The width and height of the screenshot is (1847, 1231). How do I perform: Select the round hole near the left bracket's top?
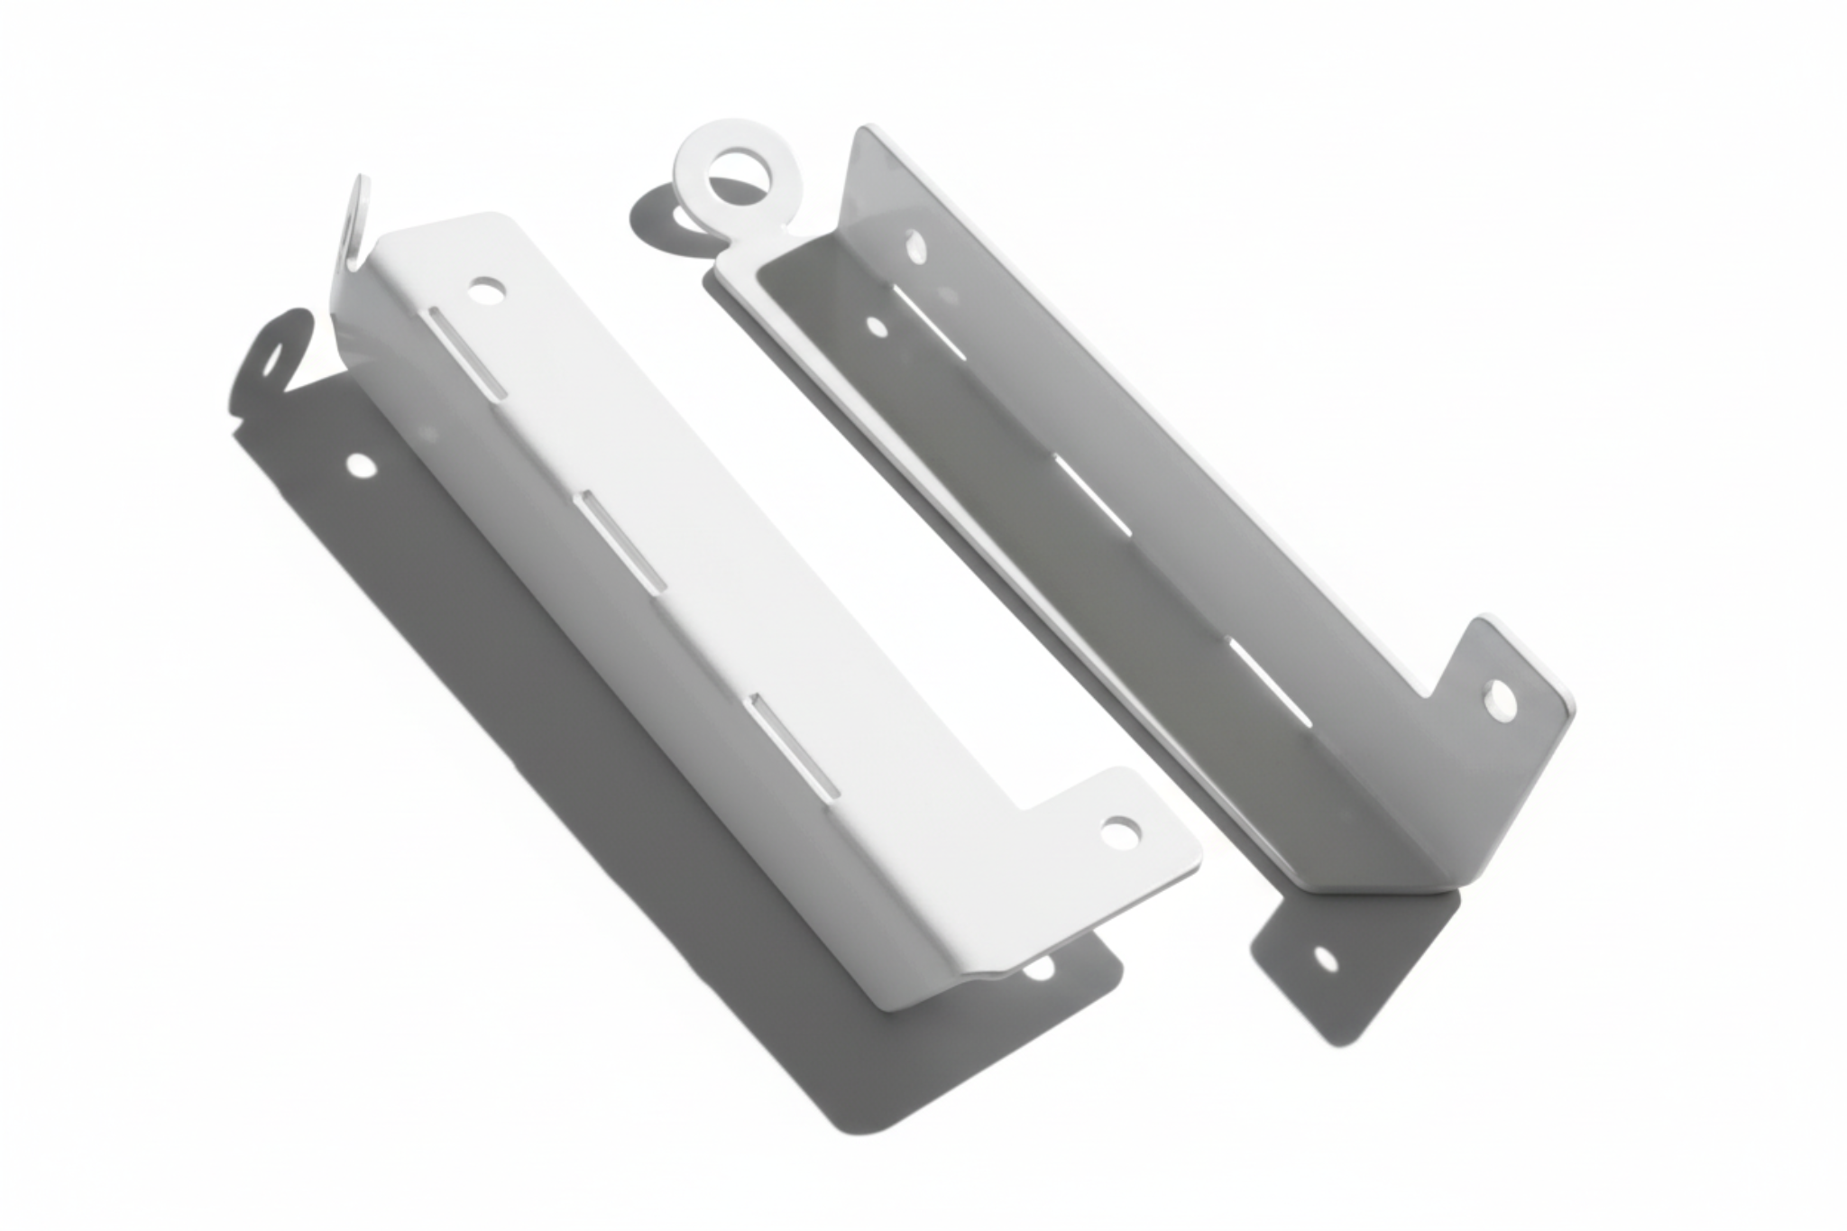click(x=487, y=291)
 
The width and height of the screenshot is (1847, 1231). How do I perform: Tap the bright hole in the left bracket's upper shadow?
click(x=362, y=466)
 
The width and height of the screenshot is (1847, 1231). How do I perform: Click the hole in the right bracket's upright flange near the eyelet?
click(x=915, y=245)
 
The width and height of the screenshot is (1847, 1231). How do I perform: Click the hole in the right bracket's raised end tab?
click(x=1499, y=701)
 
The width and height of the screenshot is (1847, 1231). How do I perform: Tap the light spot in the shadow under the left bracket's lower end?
click(x=1039, y=969)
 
